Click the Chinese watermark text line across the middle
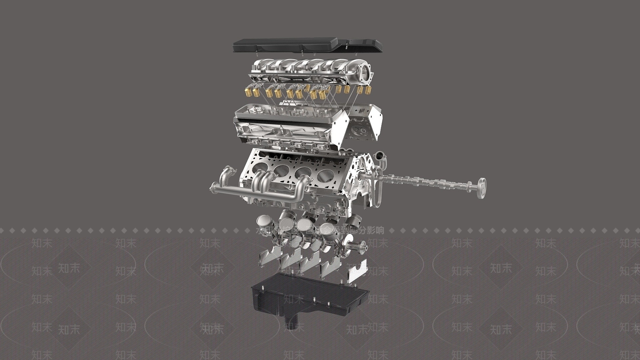[320, 230]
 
